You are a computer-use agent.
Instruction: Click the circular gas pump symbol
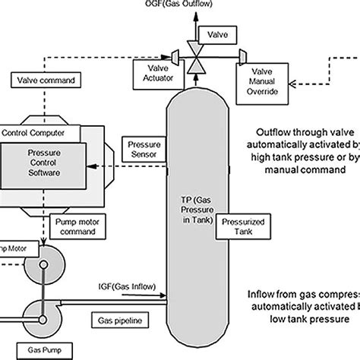tap(42, 312)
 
